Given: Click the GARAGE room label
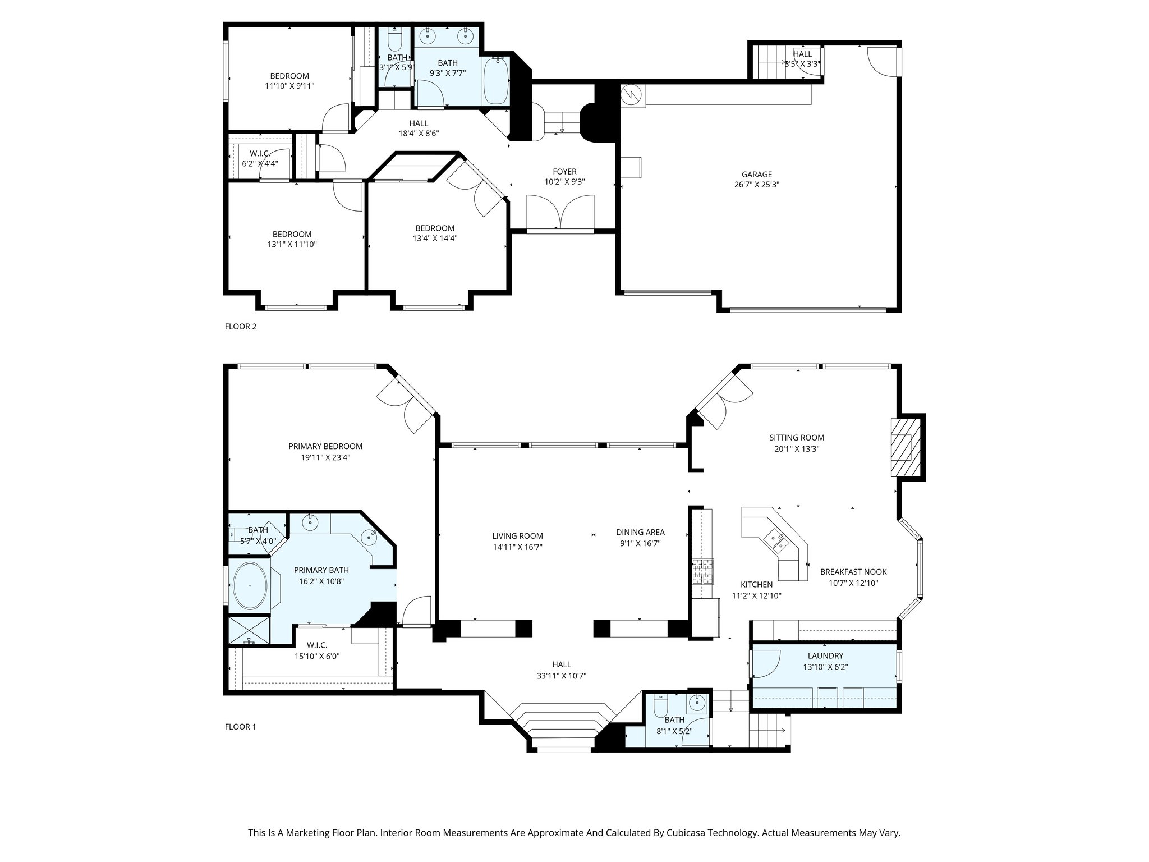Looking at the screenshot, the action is point(757,175).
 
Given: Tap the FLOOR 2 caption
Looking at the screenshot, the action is point(240,327).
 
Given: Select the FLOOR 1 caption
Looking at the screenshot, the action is point(240,727).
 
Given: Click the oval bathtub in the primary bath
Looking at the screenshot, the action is point(250,586).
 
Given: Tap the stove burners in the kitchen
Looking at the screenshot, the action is point(701,572).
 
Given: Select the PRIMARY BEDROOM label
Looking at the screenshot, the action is point(325,447).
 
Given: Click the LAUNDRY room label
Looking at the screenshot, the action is point(825,656).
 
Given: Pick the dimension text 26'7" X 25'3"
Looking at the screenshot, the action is point(757,185).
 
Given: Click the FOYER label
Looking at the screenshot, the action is point(564,172).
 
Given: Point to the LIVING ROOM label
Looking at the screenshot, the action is point(518,536).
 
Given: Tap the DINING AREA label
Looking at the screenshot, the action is point(640,533).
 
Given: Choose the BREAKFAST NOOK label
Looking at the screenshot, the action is point(853,572).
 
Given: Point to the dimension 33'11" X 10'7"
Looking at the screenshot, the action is point(561,676).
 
